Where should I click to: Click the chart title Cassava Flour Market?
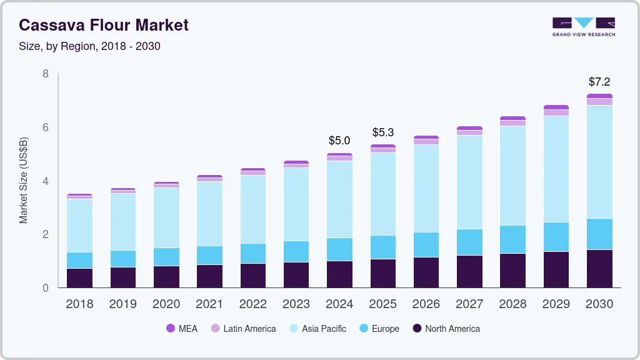pos(104,25)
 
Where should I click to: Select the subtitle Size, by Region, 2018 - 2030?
pos(89,46)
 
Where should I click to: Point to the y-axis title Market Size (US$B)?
pos(24,181)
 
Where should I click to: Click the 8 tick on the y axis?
pos(45,74)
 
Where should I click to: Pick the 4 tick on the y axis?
pos(45,181)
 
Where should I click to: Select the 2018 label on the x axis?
pos(79,304)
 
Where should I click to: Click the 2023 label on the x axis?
pos(296,304)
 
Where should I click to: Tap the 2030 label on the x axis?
pos(599,304)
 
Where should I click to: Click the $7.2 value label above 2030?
pos(599,82)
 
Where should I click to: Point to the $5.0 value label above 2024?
pos(339,141)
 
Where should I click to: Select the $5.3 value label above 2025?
pos(383,132)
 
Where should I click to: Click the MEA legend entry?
pos(182,328)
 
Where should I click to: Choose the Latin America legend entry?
pos(243,328)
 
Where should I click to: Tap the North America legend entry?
pos(446,328)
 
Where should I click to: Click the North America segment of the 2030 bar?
pos(599,269)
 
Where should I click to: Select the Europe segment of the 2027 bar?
pos(469,242)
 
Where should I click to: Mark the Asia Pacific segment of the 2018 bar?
pos(79,226)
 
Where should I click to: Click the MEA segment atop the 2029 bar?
pos(556,107)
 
